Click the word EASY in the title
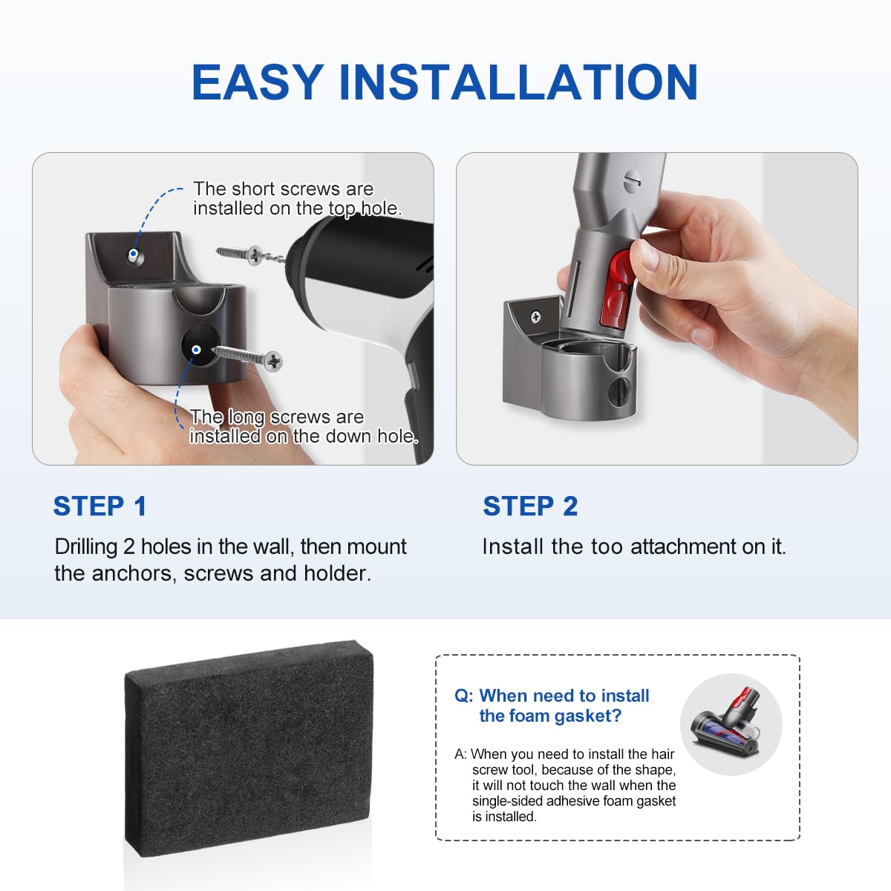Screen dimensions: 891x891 tap(257, 82)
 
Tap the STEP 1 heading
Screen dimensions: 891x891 tap(100, 506)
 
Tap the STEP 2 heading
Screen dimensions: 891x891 tap(530, 506)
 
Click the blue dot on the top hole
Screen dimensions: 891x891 tap(133, 253)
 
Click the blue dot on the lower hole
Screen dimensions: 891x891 tap(196, 350)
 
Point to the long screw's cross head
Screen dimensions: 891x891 tap(274, 361)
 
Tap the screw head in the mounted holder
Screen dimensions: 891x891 tap(536, 317)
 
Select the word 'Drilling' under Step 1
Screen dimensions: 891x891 tap(86, 547)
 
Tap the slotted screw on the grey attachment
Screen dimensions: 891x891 tap(633, 179)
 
